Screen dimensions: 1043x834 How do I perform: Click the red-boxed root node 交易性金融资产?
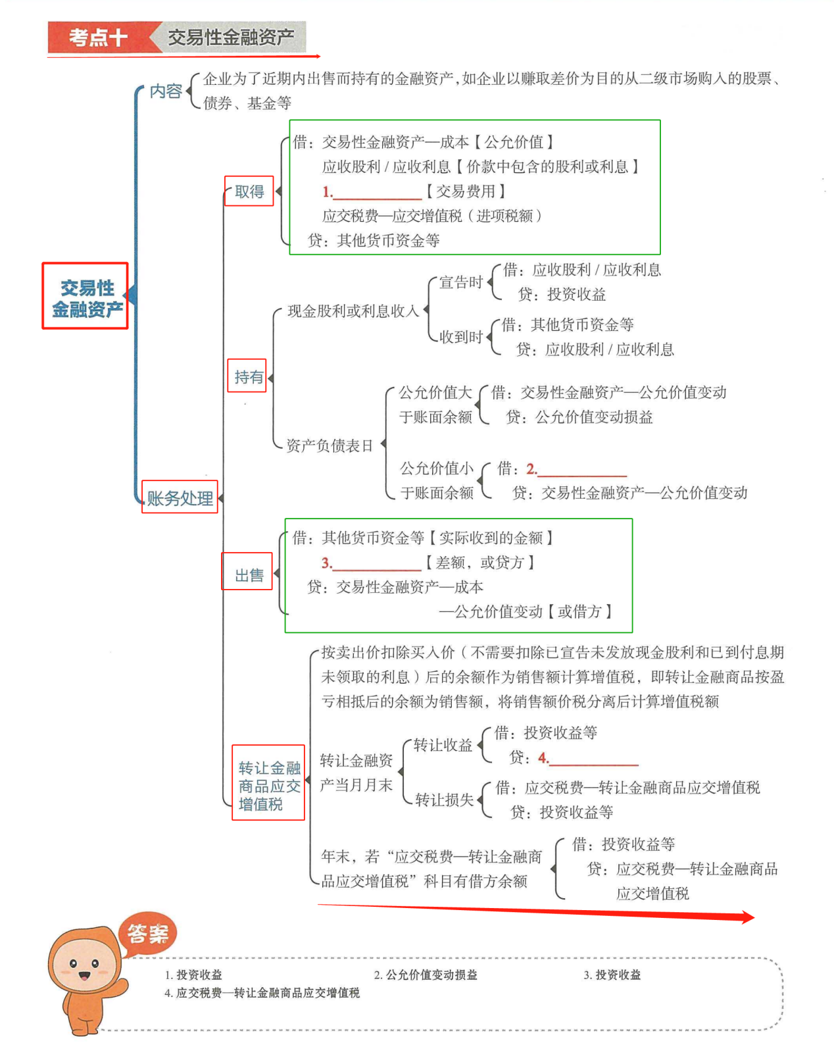86,296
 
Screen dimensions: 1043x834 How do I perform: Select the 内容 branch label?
166,91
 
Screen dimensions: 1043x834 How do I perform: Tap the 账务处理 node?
180,497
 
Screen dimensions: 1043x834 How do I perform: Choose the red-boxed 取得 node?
249,191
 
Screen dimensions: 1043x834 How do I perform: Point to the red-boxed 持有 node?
247,376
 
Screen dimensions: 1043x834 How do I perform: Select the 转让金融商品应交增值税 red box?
268,783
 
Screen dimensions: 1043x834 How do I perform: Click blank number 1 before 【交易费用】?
378,193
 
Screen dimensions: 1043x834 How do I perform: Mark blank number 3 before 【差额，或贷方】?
376,564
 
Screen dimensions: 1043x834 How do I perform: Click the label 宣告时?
461,283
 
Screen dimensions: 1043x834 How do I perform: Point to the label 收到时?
461,338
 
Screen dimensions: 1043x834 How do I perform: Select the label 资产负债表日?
330,446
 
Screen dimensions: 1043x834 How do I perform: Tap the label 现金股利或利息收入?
353,312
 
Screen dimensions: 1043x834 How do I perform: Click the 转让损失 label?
444,800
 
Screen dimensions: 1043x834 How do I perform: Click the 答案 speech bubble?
148,932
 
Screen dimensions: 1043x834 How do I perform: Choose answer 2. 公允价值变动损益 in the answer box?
426,975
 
